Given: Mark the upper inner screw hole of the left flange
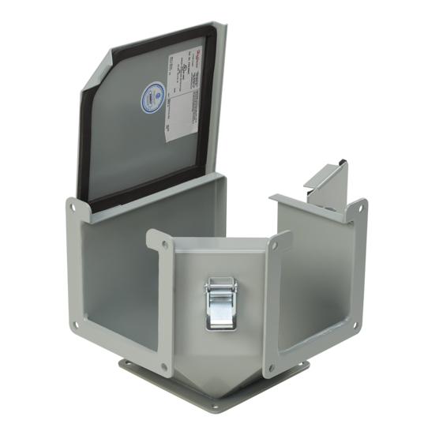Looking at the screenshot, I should point(152,236).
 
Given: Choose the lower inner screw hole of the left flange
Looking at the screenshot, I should point(164,366).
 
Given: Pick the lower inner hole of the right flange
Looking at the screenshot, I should point(271,366).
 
